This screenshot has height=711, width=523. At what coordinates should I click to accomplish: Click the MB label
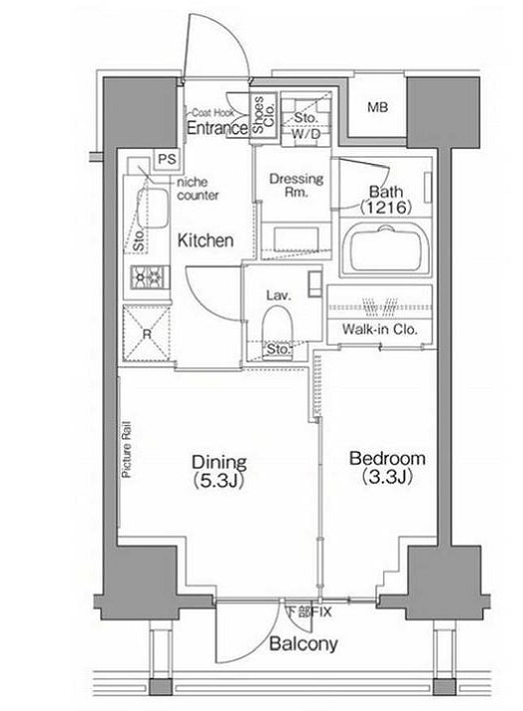click(x=377, y=108)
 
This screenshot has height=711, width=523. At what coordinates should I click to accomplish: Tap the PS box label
click(x=167, y=160)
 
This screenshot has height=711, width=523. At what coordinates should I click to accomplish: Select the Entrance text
click(x=217, y=128)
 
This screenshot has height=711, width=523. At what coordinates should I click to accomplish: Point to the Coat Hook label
click(x=212, y=112)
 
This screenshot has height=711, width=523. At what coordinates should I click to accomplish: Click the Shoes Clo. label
click(x=263, y=114)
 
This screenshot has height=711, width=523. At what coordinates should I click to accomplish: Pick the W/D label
click(x=306, y=134)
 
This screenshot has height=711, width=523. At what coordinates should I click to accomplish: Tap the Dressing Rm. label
click(x=297, y=185)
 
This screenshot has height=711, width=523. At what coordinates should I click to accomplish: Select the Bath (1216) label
click(x=386, y=199)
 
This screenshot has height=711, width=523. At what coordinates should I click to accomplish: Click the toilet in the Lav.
click(x=277, y=327)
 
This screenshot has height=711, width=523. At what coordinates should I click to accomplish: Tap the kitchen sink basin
click(x=153, y=208)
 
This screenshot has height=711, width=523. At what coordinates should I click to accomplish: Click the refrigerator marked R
click(x=147, y=334)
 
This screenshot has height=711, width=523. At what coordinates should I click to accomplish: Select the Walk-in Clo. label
click(x=379, y=329)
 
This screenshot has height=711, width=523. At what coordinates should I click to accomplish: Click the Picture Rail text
click(x=126, y=450)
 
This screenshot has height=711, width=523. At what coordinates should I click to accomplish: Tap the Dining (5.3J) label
click(x=219, y=471)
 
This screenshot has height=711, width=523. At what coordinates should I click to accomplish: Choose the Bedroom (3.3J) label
click(x=387, y=468)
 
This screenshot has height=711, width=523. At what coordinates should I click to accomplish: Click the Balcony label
click(x=304, y=643)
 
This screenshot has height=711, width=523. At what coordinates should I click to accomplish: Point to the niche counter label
click(x=197, y=189)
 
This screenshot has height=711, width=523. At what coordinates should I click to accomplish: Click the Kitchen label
click(x=205, y=240)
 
